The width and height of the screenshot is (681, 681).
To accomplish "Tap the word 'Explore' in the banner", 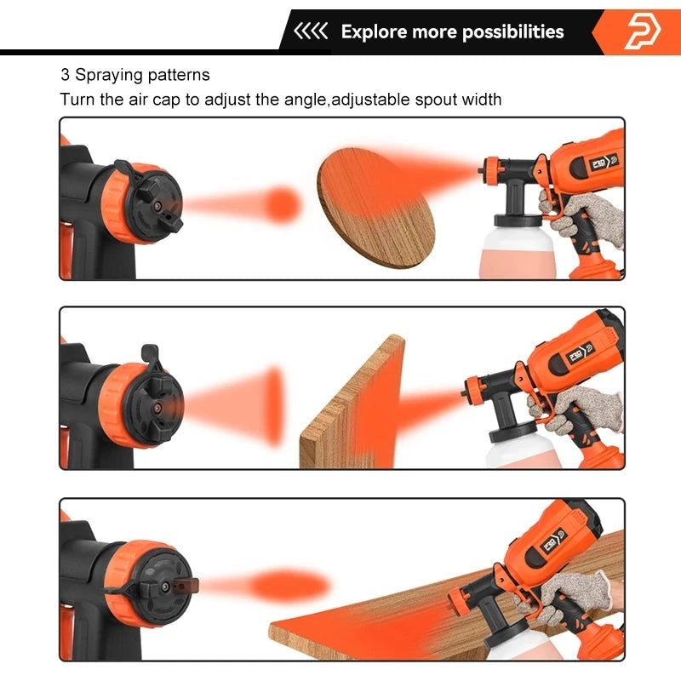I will coord(374,32).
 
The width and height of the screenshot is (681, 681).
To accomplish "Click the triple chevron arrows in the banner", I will coord(311,32).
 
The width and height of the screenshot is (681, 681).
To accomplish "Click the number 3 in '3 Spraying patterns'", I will coord(65,75).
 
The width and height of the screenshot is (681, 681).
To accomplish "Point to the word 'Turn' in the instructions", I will coord(77,100).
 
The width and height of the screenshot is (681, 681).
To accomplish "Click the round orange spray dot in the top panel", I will coord(283,204).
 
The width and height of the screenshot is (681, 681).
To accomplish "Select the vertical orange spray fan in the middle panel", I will coord(272,406).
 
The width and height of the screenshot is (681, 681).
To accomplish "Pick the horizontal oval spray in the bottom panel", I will coord(289,586).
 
